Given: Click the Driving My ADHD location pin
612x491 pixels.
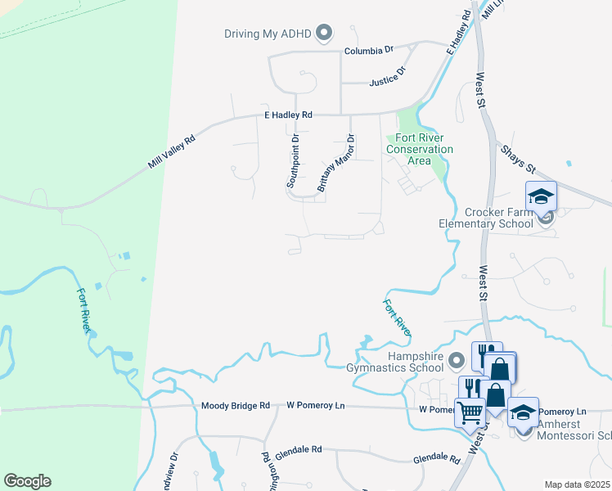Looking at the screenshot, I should tap(325, 34).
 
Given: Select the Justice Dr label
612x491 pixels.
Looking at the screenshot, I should tap(388, 78).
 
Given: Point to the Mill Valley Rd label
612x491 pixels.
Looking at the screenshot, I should tap(172, 152).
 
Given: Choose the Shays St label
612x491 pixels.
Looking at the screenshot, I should tap(517, 157).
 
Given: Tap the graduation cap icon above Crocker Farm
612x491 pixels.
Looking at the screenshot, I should tap(542, 196).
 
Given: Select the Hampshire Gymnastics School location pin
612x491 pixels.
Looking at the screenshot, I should tap(457, 359).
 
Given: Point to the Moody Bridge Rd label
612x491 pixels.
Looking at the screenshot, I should tap(235, 406).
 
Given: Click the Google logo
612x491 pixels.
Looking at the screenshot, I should tap(27, 481).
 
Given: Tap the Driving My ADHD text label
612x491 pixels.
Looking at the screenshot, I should tap(270, 34).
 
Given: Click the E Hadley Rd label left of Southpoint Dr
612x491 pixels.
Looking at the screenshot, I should tap(288, 115).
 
